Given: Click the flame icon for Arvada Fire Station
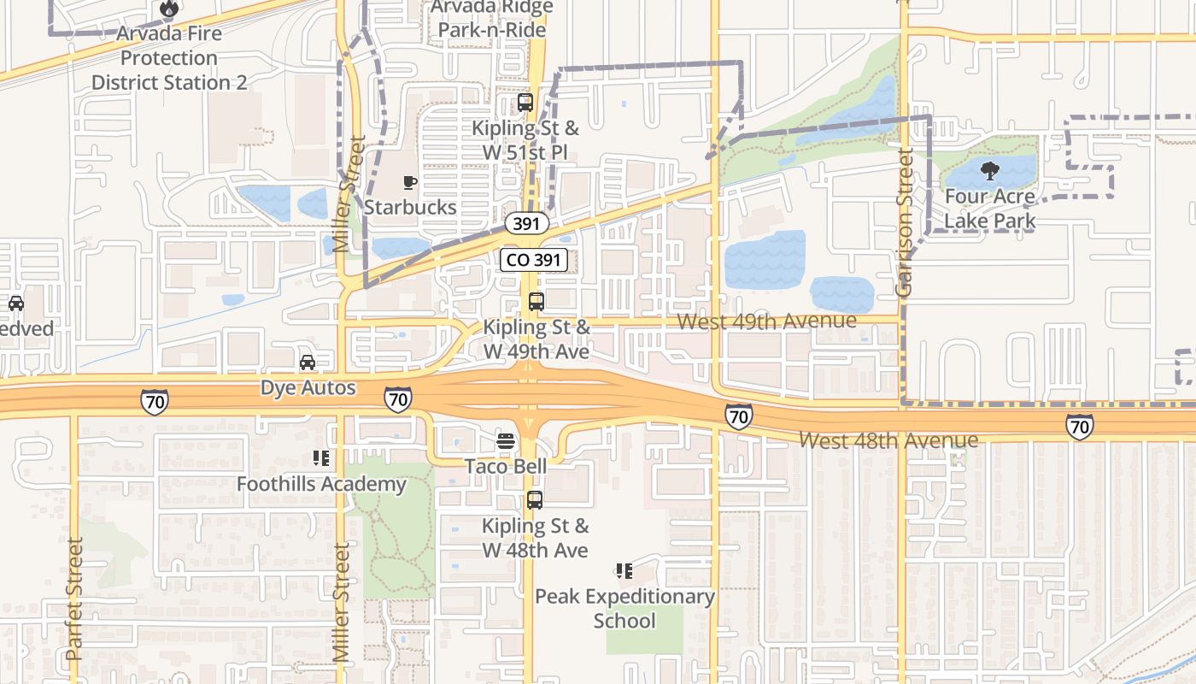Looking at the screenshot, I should [x=168, y=9].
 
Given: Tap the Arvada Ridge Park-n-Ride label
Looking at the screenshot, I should [x=491, y=18].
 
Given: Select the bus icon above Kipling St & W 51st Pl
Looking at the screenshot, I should [x=525, y=103].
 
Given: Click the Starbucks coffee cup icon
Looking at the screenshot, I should [x=410, y=182].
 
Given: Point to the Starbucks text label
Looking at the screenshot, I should [x=410, y=207].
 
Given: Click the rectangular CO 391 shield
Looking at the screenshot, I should [x=534, y=260].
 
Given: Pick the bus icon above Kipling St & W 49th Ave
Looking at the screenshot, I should [x=536, y=301].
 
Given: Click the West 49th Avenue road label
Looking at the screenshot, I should [x=766, y=321].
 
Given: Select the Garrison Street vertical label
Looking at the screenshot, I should [x=905, y=222].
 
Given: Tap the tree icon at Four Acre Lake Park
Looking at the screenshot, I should [x=990, y=171].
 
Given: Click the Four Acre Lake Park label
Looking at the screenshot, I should [x=990, y=209].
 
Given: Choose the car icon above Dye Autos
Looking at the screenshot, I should [x=308, y=363].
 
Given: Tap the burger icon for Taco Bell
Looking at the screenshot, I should [x=506, y=441].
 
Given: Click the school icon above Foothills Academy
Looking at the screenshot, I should [x=321, y=459].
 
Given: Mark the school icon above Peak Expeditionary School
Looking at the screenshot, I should [x=624, y=571].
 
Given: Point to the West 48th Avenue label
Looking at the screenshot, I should [x=888, y=440].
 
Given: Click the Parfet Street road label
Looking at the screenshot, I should [x=74, y=598].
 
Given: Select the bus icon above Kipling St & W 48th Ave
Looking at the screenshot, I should [x=535, y=500].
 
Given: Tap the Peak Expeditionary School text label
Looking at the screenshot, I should [x=624, y=608].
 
